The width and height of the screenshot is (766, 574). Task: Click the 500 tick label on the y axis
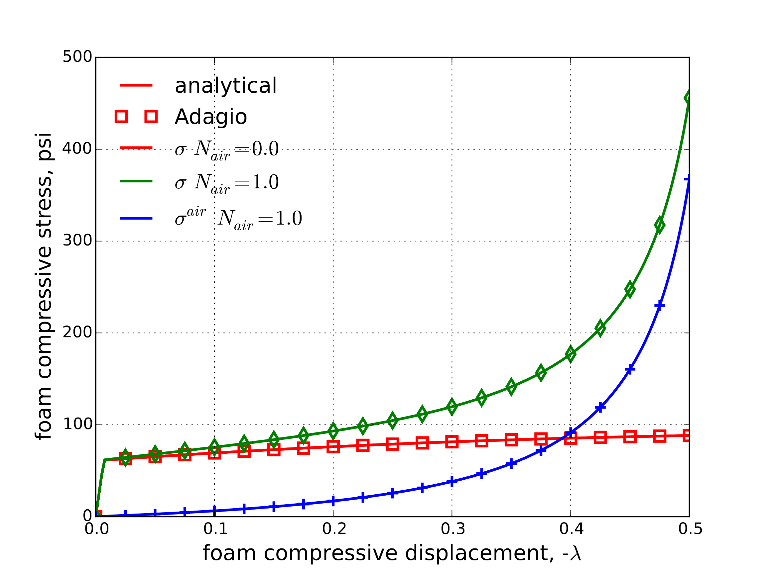[x=77, y=57]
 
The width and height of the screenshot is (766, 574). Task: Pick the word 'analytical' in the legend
[x=225, y=85]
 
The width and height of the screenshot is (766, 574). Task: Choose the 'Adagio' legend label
[x=210, y=117]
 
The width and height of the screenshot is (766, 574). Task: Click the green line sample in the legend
[x=136, y=181]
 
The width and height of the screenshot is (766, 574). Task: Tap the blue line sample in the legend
[x=136, y=218]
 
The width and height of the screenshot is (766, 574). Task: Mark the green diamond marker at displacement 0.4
[x=571, y=354]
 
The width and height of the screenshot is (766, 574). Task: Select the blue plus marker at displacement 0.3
[x=452, y=481]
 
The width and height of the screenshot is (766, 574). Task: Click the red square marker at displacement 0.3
[x=452, y=441]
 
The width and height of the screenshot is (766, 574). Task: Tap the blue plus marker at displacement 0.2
[x=333, y=501]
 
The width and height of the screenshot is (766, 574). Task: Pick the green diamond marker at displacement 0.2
[x=333, y=430]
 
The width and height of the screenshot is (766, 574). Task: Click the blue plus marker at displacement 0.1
[x=214, y=510]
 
